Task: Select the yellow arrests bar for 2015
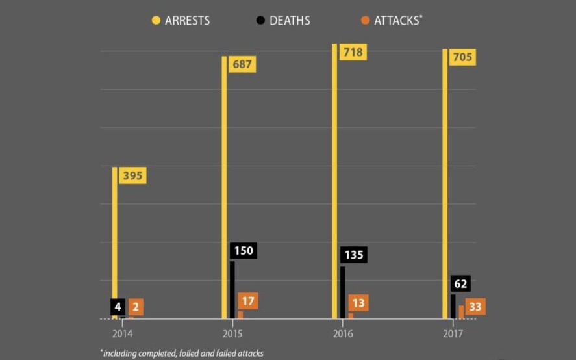224,188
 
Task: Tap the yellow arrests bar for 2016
335,182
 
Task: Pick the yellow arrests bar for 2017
445,185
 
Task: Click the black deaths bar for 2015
232,290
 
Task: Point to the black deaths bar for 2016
343,292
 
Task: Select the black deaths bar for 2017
453,306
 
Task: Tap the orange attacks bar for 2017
461,312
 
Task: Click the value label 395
132,175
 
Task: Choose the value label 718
353,52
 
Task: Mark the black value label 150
243,251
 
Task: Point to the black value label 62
460,284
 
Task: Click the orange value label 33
475,307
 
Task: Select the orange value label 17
247,302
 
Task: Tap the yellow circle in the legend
156,20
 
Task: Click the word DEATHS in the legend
290,20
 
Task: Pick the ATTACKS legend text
397,20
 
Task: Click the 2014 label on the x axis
122,333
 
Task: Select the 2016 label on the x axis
343,333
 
